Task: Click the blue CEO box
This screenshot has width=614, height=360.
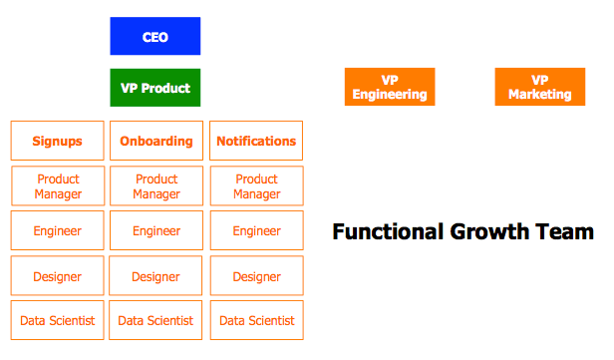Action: click(154, 37)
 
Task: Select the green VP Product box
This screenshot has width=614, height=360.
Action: click(154, 88)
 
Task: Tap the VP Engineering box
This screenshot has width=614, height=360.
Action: click(389, 87)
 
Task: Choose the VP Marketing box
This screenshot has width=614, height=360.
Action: click(539, 87)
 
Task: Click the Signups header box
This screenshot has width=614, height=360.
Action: click(57, 141)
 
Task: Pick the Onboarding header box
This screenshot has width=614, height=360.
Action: click(155, 141)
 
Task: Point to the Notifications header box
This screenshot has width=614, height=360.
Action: click(256, 141)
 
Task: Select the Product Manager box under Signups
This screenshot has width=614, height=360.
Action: click(57, 186)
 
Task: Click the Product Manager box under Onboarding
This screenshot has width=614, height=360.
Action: click(155, 186)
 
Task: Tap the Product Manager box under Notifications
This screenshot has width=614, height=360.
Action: click(256, 186)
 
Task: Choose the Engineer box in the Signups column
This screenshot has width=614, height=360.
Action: click(57, 231)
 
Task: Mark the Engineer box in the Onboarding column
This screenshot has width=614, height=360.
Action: click(155, 231)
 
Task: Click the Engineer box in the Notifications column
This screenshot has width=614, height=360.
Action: click(256, 231)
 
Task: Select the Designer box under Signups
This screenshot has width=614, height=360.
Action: click(57, 276)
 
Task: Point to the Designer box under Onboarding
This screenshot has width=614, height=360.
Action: click(155, 276)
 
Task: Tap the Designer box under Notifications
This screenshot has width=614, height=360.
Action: click(256, 276)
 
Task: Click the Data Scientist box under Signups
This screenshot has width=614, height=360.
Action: click(57, 320)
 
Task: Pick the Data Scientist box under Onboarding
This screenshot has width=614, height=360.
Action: click(155, 320)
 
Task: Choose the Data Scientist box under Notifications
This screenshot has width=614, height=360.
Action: click(256, 320)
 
